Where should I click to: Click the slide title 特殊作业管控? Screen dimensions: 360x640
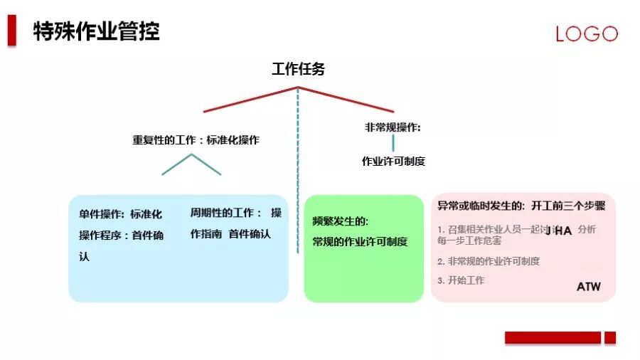(x=97, y=31)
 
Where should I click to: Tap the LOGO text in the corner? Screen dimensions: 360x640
(x=587, y=34)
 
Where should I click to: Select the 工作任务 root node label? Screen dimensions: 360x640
(x=299, y=69)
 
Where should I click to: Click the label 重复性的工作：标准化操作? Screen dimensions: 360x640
(x=196, y=140)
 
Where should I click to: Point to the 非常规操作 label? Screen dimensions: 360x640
(x=393, y=127)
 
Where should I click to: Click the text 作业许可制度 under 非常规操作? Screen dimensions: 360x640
(x=393, y=161)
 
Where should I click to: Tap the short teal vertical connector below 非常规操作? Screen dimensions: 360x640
(x=393, y=143)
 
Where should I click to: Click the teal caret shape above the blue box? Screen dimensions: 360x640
(x=191, y=164)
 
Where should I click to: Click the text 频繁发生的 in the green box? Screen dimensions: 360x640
(x=341, y=221)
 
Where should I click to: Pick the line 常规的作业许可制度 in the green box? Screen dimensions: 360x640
(x=360, y=242)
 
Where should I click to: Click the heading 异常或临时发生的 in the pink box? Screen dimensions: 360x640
(x=481, y=206)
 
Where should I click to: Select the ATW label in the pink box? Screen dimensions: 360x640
(x=588, y=287)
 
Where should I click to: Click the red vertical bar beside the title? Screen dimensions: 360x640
(x=12, y=31)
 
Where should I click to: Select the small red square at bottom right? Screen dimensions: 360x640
(x=610, y=338)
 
